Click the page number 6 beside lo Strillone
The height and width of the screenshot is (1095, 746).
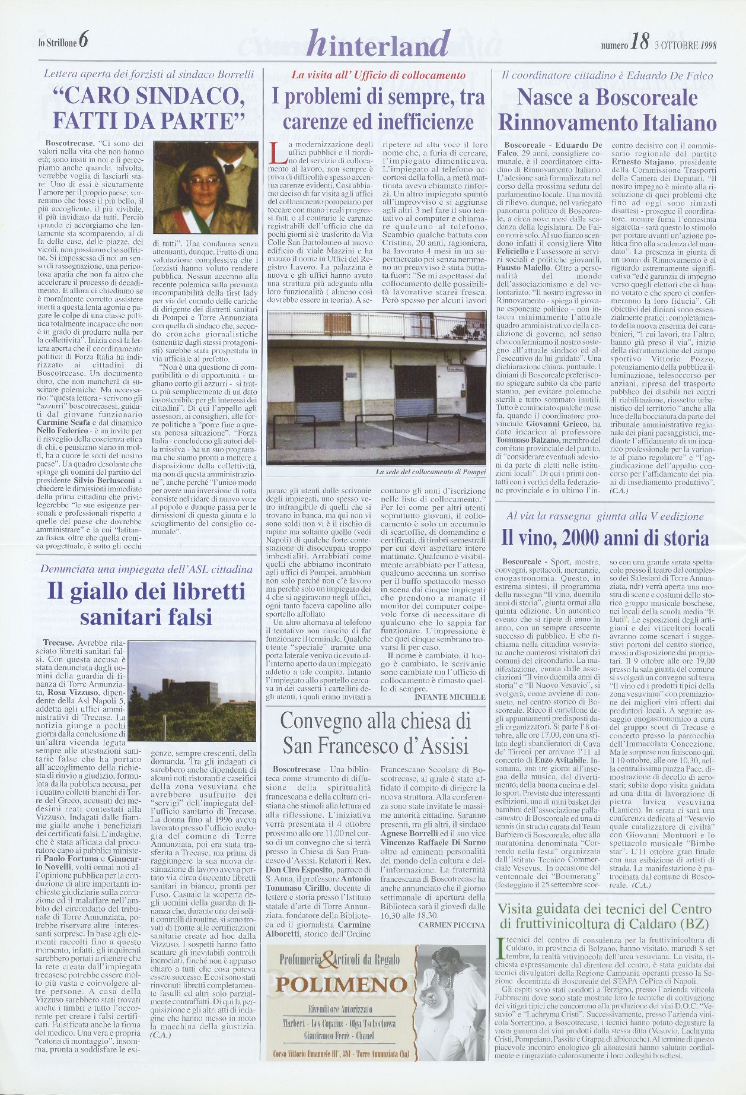pyautogui.click(x=83, y=40)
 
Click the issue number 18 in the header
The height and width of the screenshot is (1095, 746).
pyautogui.click(x=640, y=42)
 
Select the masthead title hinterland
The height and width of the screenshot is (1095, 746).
pyautogui.click(x=379, y=43)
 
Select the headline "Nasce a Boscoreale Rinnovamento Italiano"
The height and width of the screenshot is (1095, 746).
pyautogui.click(x=607, y=109)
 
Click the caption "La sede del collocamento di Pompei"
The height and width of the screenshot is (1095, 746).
pyautogui.click(x=431, y=472)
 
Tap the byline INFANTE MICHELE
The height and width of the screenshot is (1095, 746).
pyautogui.click(x=450, y=697)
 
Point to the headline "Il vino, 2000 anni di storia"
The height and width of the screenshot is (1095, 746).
pyautogui.click(x=605, y=538)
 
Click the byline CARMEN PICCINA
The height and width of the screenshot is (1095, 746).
pyautogui.click(x=451, y=924)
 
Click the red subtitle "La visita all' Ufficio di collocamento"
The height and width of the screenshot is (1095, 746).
pyautogui.click(x=378, y=75)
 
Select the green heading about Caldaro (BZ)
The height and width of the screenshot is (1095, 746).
pyautogui.click(x=604, y=916)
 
